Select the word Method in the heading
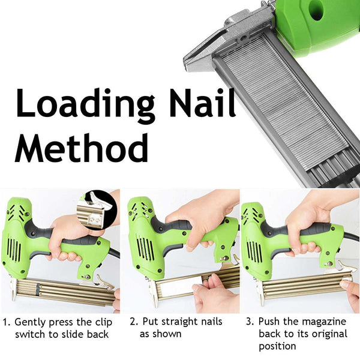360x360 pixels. (82, 148)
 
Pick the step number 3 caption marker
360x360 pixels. (249, 322)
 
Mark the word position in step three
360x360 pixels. (278, 347)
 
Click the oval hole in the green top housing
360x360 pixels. (316, 10)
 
